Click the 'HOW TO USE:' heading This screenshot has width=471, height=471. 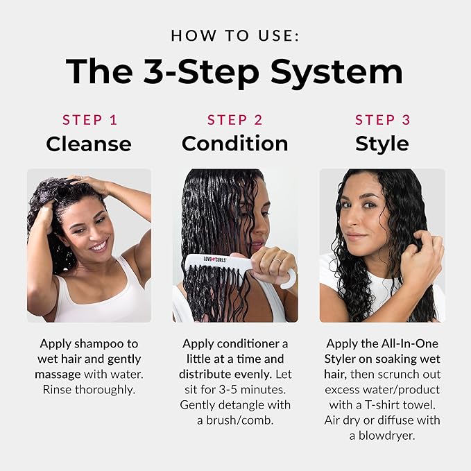click(235, 35)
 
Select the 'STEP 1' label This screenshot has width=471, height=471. click(89, 120)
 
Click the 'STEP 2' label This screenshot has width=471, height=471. click(235, 120)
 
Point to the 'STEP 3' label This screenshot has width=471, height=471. click(382, 120)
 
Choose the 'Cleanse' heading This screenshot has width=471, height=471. click(89, 144)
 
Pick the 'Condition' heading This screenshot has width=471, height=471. click(235, 144)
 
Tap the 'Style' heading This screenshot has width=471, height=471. click(382, 144)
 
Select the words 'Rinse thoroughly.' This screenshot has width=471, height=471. click(89, 389)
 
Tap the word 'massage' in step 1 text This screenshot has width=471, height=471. click(62, 374)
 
